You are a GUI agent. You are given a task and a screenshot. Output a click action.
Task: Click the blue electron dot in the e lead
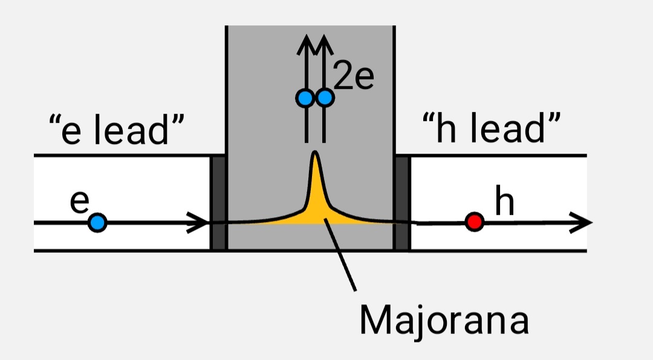coord(97,223)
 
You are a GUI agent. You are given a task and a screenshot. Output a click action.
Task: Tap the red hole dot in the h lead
coord(475,222)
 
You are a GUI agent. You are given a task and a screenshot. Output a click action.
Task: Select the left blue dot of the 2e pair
coord(305,97)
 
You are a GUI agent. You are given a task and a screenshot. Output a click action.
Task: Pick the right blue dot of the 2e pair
coord(325,97)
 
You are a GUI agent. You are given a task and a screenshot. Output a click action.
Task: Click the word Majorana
coord(444,320)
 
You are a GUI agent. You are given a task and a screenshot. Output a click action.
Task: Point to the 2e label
coord(354,79)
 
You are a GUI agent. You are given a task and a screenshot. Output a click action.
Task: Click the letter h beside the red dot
coord(505,203)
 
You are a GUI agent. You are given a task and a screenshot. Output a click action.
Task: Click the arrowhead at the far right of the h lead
coord(583,223)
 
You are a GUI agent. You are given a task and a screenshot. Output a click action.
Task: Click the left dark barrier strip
coord(218,203)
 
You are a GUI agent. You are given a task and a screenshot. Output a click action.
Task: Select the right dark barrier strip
coord(402,203)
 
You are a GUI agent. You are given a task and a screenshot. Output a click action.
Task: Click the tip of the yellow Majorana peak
coord(314,153)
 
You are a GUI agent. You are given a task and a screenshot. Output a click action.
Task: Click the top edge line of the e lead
coord(121,155)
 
